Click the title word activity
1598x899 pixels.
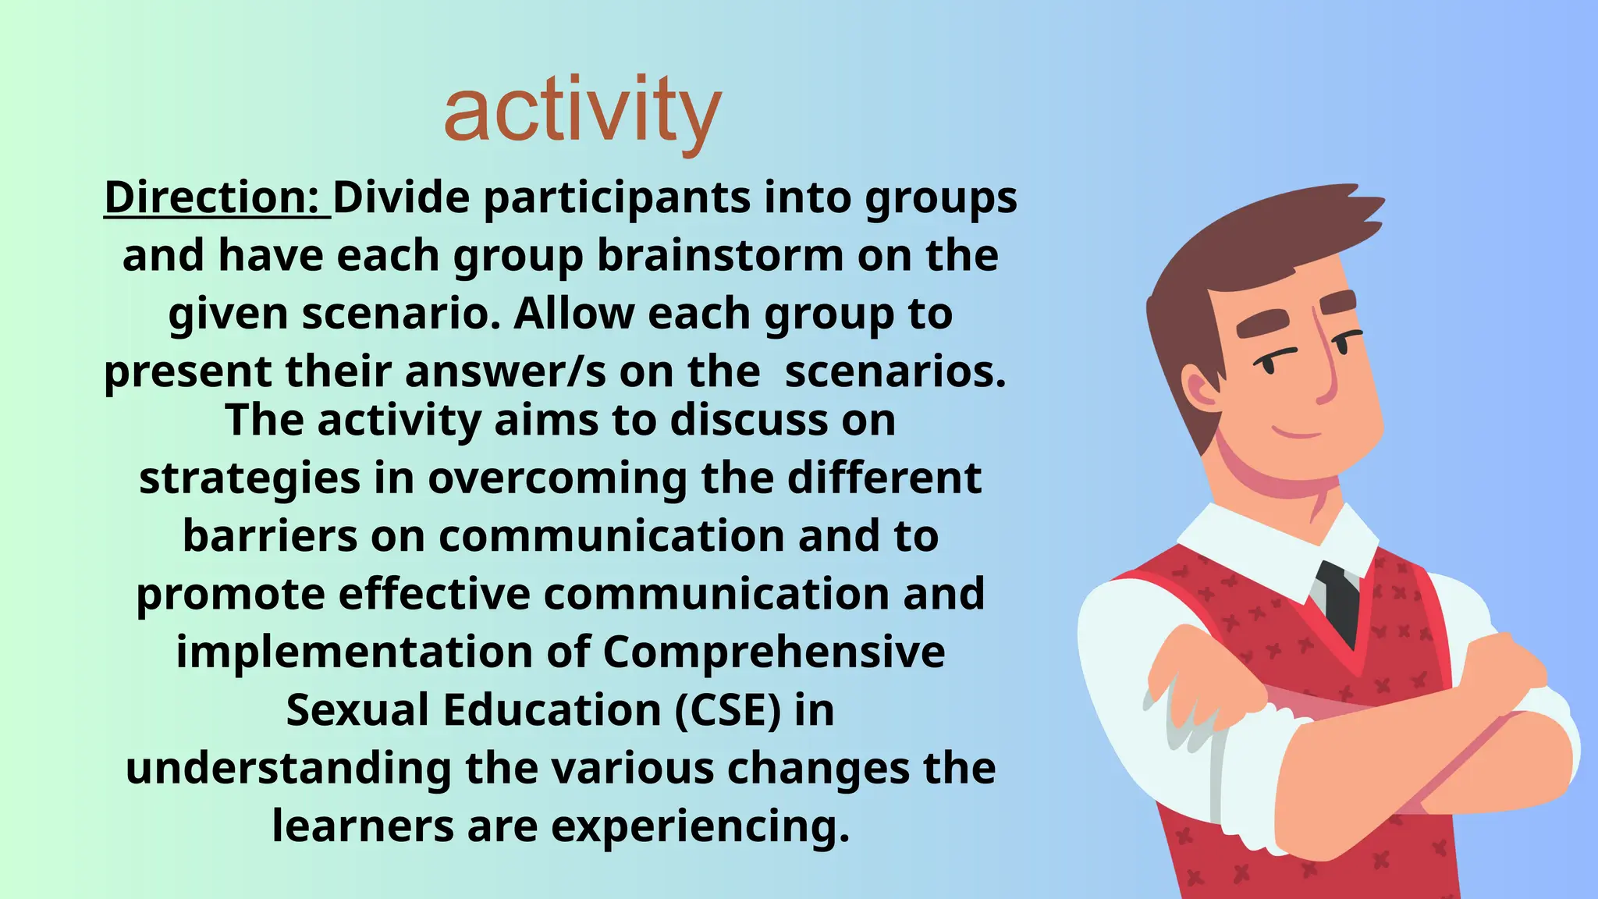tap(582, 113)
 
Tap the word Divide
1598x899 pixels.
tap(401, 197)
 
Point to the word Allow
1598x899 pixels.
tap(574, 314)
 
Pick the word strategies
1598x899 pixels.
tap(250, 478)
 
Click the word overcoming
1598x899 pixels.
tap(557, 478)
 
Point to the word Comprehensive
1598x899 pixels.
tap(773, 652)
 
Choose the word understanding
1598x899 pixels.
tap(288, 769)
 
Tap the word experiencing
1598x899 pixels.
tap(700, 826)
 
